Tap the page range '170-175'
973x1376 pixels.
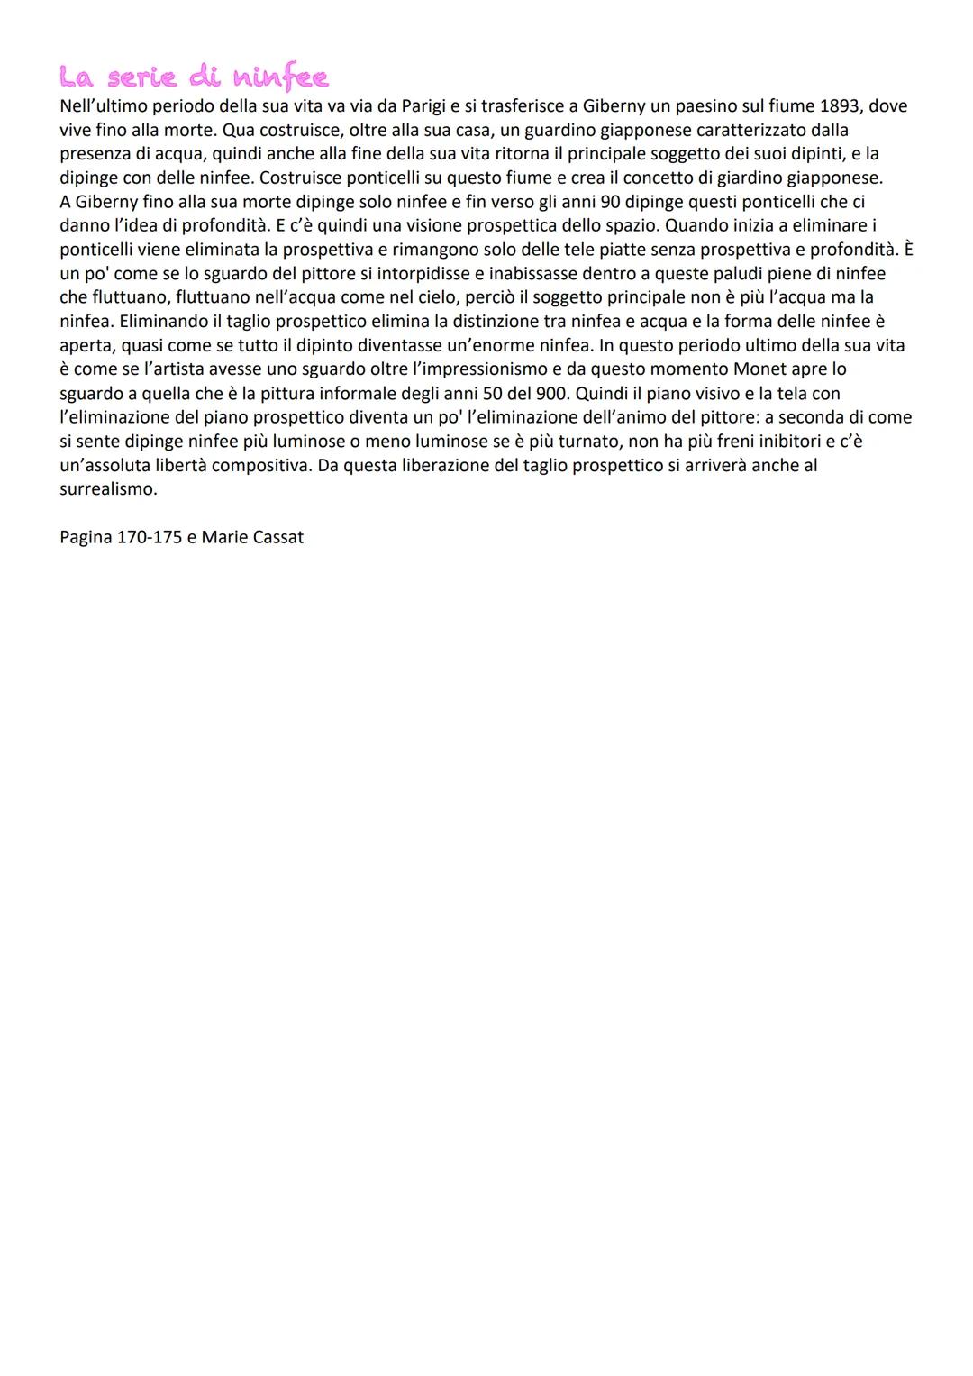(x=150, y=538)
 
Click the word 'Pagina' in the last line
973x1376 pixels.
(x=86, y=538)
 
